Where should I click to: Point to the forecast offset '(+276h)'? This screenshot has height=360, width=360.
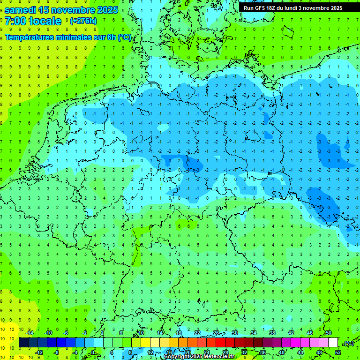(x=83, y=21)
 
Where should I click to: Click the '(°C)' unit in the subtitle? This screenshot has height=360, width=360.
(x=125, y=37)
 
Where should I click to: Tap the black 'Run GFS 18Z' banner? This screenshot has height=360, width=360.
(x=293, y=8)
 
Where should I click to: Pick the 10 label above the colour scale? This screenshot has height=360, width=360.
(x=141, y=333)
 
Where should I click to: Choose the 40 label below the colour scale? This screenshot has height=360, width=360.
(x=281, y=352)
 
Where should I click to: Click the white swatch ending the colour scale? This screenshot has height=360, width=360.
(x=333, y=343)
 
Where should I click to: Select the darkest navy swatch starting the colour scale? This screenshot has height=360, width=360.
(x=23, y=343)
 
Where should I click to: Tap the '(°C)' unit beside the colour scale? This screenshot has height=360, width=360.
(x=349, y=343)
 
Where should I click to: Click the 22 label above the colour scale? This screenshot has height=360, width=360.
(x=197, y=333)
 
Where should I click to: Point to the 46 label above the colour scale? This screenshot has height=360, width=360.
(x=309, y=333)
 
